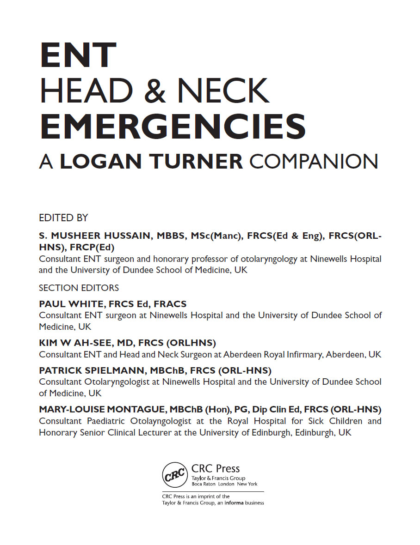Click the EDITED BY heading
63,218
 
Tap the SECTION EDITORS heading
79,288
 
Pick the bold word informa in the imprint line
235,503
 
